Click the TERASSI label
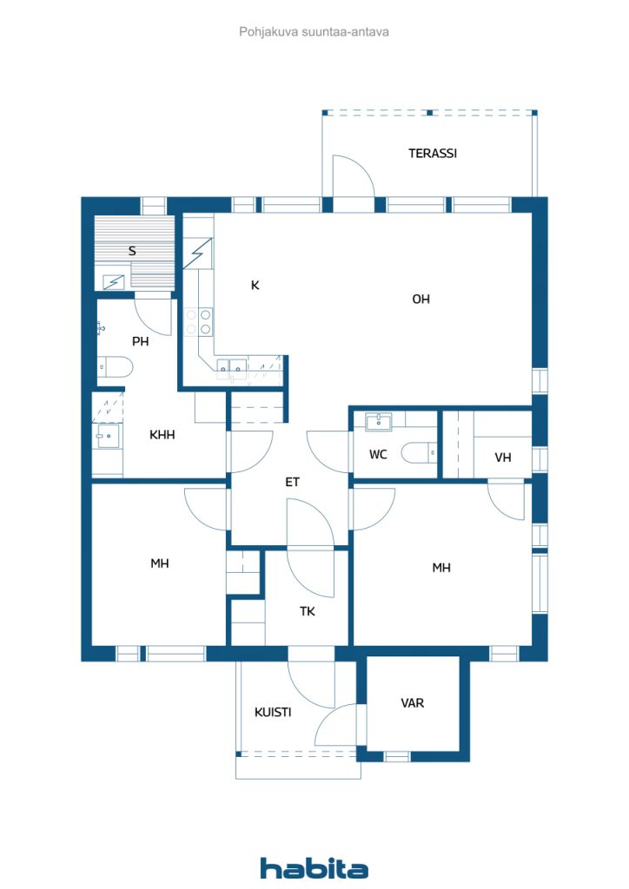pos(432,153)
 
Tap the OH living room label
pos(420,299)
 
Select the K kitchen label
pos(255,285)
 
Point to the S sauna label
pos(132,251)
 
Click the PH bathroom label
pos(140,341)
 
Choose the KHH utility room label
pos(162,435)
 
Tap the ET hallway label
pos(292,482)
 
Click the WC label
pos(378,454)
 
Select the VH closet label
pos(503,457)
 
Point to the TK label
pos(308,611)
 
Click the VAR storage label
pos(413,703)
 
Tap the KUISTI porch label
pos(273,712)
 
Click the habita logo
pos(314,868)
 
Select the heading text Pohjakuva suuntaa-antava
pos(314,32)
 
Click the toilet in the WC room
pos(419,452)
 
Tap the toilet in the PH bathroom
pos(116,367)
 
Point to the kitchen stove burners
pos(198,321)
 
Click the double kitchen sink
pos(231,367)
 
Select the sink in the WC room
pos(378,422)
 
